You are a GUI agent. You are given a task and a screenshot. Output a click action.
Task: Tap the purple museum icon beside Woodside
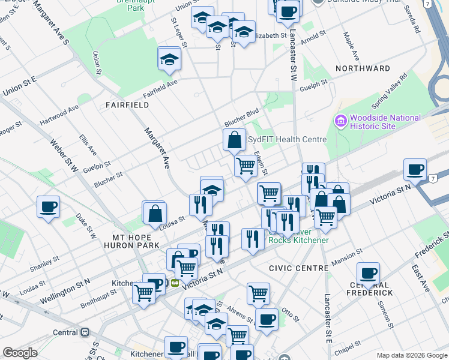341,122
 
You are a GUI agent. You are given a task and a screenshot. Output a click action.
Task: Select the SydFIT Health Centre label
288,139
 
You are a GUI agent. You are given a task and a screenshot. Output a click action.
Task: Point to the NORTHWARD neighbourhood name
363,68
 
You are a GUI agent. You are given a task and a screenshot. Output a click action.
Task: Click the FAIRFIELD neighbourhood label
127,104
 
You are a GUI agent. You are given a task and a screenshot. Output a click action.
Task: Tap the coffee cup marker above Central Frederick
368,272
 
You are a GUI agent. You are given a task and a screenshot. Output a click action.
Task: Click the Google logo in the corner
20,353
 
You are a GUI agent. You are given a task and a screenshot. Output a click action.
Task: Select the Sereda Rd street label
415,22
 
